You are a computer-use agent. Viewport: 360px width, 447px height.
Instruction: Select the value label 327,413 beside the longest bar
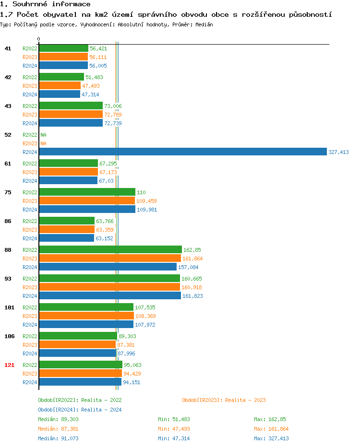(338, 152)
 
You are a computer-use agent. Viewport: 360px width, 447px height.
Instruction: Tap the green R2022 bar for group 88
(110, 250)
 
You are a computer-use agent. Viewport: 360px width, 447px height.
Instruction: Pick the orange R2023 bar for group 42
(60, 86)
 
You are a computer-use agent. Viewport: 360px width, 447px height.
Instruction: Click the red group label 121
(9, 365)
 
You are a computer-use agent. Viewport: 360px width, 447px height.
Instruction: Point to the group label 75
(8, 192)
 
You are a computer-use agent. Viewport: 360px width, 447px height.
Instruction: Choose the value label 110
(141, 192)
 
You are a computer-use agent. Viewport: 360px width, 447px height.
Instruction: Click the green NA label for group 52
(43, 135)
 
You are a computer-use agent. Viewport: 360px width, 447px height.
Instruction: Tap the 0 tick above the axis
(38, 39)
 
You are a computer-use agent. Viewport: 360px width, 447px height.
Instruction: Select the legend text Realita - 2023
(245, 400)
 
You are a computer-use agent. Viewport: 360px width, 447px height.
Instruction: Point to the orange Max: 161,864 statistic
(271, 429)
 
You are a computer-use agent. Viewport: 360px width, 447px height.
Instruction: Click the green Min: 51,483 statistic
(174, 419)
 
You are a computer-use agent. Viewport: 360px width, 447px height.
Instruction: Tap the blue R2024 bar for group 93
(110, 296)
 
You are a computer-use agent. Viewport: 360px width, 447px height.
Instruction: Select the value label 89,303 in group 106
(127, 336)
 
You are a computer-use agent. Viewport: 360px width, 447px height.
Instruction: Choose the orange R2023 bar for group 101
(86, 316)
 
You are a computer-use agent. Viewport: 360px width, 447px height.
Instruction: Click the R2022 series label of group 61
(30, 164)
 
